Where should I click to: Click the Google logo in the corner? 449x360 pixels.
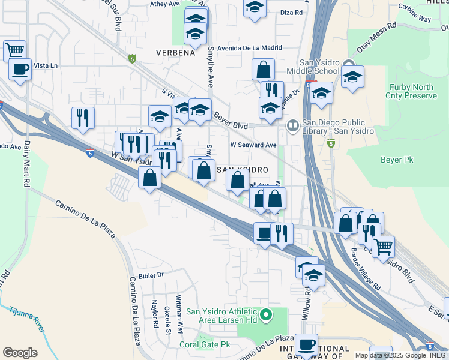20,353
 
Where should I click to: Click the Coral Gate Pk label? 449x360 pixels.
205,344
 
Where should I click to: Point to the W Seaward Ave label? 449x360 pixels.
253,145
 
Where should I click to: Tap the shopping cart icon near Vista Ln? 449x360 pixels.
14,50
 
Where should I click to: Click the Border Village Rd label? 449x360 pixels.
366,265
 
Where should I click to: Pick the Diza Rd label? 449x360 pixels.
291,12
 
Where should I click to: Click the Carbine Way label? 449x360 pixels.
417,19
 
